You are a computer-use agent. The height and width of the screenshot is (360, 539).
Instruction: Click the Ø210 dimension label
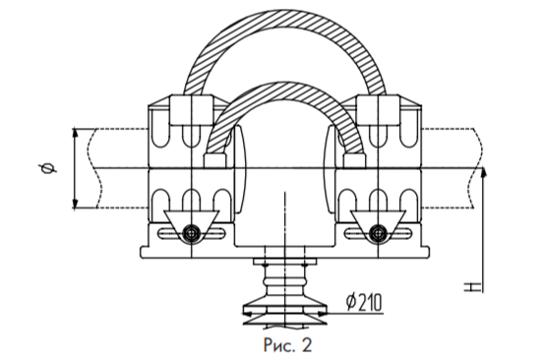[364, 303]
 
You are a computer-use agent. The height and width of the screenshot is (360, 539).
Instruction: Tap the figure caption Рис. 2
[288, 345]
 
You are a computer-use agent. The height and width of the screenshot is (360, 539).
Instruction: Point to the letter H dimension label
[469, 287]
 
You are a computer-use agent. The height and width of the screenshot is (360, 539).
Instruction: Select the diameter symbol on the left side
[48, 168]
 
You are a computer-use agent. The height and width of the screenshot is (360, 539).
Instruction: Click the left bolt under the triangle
[191, 233]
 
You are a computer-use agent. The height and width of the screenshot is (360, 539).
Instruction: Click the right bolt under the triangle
[378, 233]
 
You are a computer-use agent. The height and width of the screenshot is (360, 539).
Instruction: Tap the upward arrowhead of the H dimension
[484, 173]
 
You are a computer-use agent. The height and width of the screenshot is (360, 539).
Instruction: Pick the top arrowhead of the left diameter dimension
[76, 134]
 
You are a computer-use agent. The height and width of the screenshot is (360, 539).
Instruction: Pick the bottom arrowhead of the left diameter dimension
[76, 204]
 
